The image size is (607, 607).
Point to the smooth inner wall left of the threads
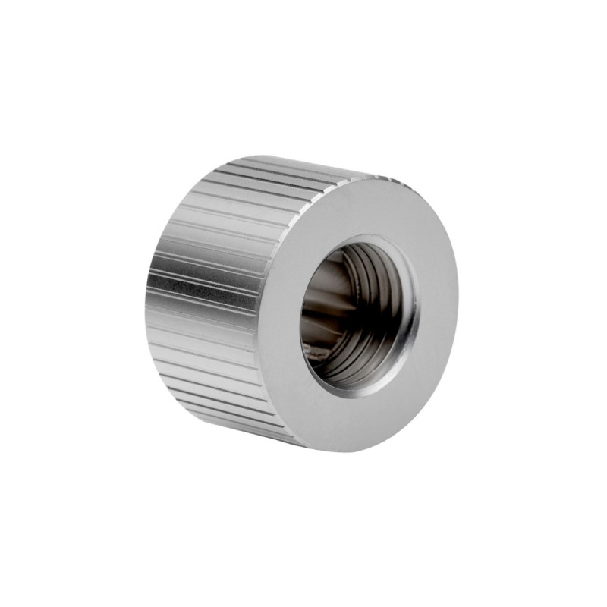322,303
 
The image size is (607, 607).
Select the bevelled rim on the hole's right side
413,319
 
